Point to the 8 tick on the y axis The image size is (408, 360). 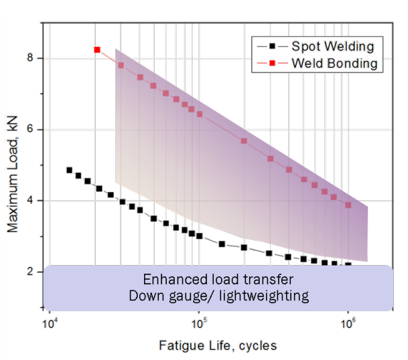[31, 58]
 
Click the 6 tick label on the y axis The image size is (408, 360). [31, 129]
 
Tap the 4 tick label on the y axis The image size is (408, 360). [31, 200]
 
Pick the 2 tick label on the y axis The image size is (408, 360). [31, 271]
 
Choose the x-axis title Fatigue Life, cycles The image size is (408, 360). [217, 346]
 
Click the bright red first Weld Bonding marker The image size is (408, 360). [97, 50]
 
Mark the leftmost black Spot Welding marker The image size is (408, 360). [69, 170]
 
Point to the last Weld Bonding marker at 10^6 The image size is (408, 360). [348, 205]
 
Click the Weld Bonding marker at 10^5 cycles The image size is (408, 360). [199, 114]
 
